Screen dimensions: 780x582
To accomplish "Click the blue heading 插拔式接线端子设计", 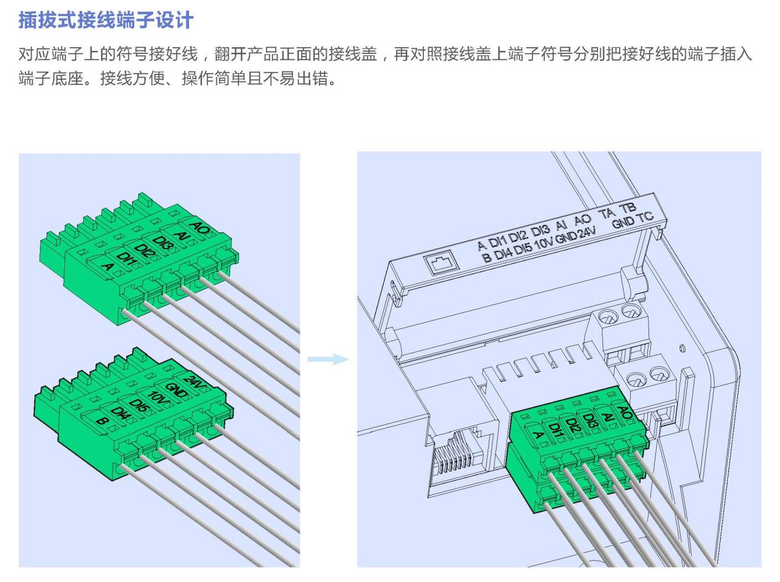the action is [106, 20].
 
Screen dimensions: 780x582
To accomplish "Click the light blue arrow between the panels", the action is [328, 359].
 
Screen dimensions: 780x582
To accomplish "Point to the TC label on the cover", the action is [645, 217].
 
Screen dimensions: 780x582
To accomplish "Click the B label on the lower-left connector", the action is [102, 421].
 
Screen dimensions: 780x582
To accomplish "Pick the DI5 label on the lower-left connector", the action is [139, 405].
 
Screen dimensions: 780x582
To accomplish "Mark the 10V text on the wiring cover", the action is [543, 244].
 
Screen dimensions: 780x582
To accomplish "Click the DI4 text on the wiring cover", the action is [503, 254].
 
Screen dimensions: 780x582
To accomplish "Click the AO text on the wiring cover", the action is [583, 220].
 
